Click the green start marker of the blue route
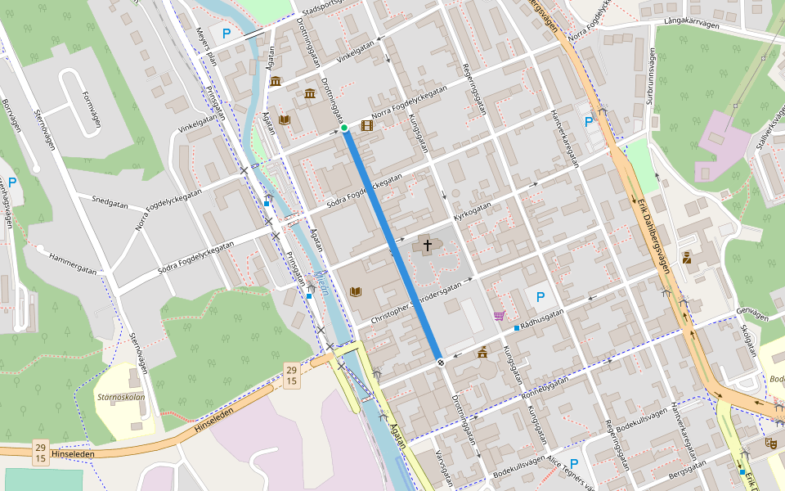pyautogui.click(x=344, y=128)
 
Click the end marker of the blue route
pyautogui.click(x=441, y=362)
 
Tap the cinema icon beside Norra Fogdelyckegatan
pyautogui.click(x=367, y=125)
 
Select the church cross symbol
pyautogui.click(x=427, y=245)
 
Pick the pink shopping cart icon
pyautogui.click(x=499, y=316)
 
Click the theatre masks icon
pyautogui.click(x=769, y=443)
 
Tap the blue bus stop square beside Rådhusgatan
pyautogui.click(x=516, y=328)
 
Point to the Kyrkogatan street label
pyautogui.click(x=473, y=213)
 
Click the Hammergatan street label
pyautogui.click(x=73, y=262)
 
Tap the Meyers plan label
pyautogui.click(x=204, y=45)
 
